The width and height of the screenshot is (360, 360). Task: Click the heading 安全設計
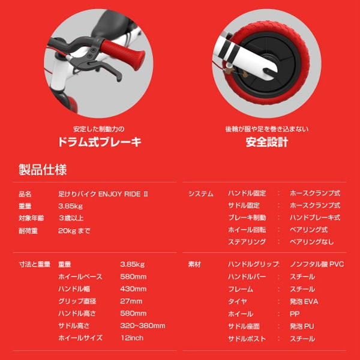point(267,142)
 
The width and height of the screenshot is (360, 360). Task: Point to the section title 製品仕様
point(43,169)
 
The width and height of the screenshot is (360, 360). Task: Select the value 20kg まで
point(74,230)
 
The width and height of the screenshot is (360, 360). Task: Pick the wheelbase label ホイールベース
point(80,277)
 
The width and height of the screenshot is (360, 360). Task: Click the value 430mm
point(133,289)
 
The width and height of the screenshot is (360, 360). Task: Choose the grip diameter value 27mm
point(131,301)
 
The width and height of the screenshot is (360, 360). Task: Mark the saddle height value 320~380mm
point(143,326)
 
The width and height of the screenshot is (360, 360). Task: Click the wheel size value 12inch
point(132,338)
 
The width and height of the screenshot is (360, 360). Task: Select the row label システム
point(200,194)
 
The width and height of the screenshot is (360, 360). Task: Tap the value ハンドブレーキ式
point(314,218)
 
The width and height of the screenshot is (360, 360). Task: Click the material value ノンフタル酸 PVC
point(316,265)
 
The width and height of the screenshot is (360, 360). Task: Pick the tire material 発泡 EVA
point(304,301)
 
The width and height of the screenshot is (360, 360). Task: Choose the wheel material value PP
point(294,314)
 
